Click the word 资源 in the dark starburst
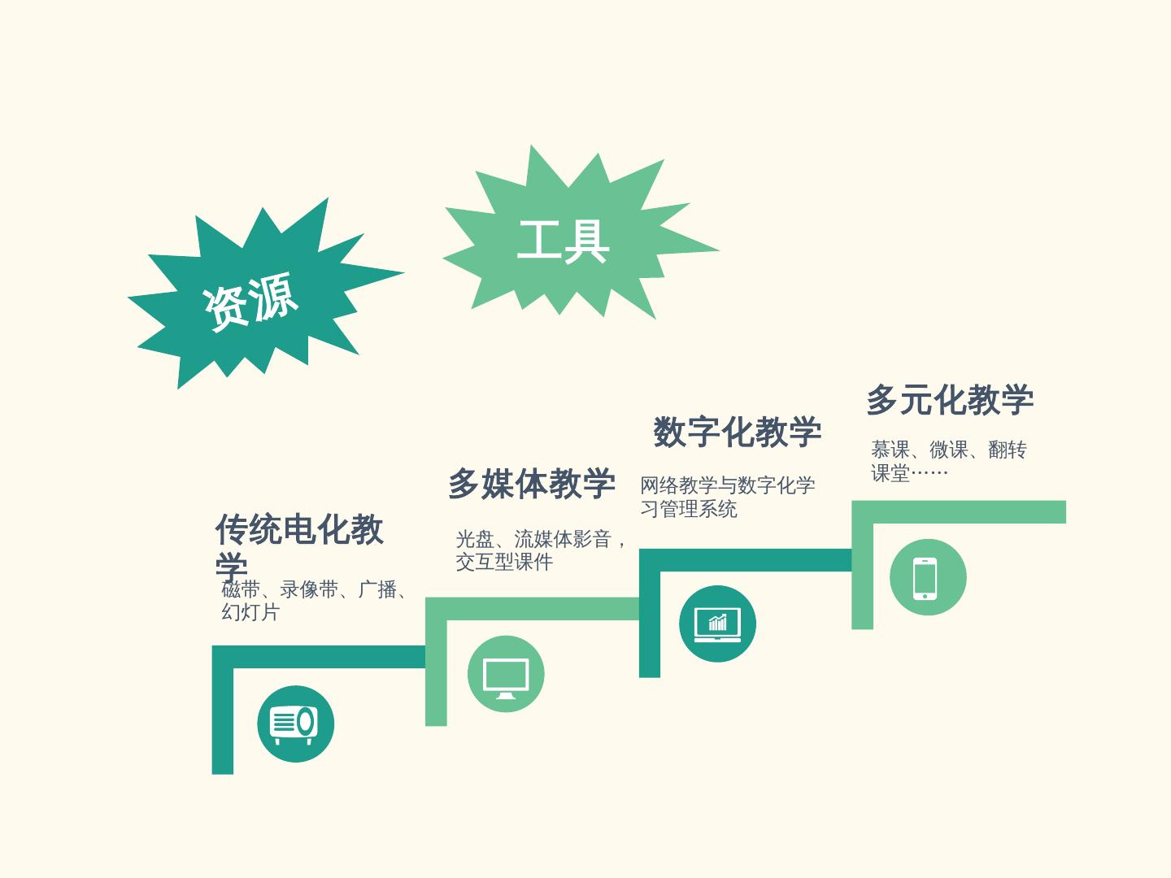coord(250,302)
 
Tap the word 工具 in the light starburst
coord(563,241)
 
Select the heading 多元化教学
coord(949,400)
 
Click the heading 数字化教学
coord(737,432)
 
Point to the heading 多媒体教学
coord(531,484)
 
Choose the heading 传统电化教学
coord(298,531)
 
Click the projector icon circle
coord(295,724)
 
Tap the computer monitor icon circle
coord(506,675)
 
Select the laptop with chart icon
coord(717,624)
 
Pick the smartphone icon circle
coord(927,577)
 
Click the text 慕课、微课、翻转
coord(948,450)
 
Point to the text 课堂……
coord(909,473)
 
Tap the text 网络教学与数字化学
coord(727,486)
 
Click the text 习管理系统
coord(688,509)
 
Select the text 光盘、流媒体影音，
coord(542,539)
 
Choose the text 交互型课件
coord(504,562)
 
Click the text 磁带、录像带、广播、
coord(316,589)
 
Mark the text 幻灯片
coord(250,612)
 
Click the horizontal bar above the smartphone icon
coord(960,512)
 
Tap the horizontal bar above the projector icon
coord(319,657)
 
